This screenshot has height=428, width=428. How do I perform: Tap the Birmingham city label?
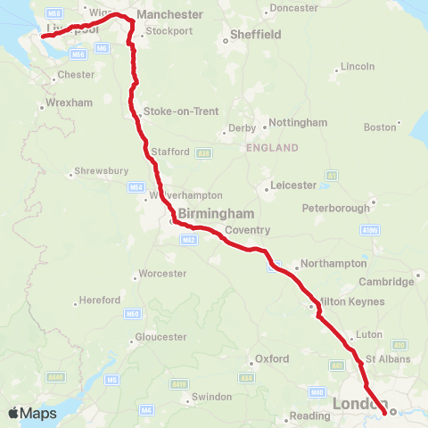(x=216, y=214)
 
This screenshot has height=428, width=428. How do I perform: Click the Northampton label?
(x=333, y=264)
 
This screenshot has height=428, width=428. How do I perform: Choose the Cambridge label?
(x=386, y=282)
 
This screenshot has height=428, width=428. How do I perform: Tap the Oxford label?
(x=272, y=358)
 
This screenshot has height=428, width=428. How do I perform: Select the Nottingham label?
(x=296, y=122)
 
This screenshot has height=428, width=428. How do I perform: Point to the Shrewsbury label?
(x=103, y=169)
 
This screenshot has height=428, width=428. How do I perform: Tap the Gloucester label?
(x=160, y=337)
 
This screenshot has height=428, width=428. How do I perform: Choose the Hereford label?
(x=99, y=300)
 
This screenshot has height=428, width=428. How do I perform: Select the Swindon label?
(x=211, y=397)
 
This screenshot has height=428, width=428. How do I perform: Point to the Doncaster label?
(x=293, y=8)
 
